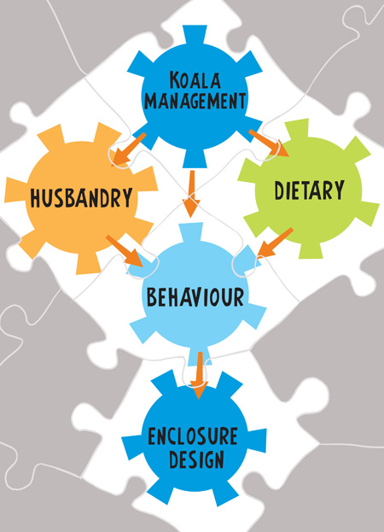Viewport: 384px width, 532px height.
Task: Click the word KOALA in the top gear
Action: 195,79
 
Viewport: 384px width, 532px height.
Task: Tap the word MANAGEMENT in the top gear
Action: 195,101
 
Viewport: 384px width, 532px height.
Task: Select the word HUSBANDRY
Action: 81,197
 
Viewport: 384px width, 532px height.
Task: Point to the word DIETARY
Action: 309,190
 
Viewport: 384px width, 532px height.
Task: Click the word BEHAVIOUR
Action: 195,296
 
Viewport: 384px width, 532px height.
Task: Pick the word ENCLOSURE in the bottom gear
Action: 193,436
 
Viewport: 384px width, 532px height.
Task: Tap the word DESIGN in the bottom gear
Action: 196,459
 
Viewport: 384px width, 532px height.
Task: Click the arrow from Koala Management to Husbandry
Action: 128,149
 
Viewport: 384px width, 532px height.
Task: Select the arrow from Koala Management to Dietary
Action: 269,143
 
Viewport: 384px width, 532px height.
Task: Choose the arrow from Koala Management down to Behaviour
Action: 192,194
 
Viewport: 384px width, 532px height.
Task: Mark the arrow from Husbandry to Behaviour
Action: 125,250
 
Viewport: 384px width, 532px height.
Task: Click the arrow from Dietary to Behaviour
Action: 275,243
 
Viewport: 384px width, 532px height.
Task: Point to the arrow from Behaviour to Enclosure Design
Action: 200,375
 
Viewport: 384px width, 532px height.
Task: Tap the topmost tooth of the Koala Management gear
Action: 195,34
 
